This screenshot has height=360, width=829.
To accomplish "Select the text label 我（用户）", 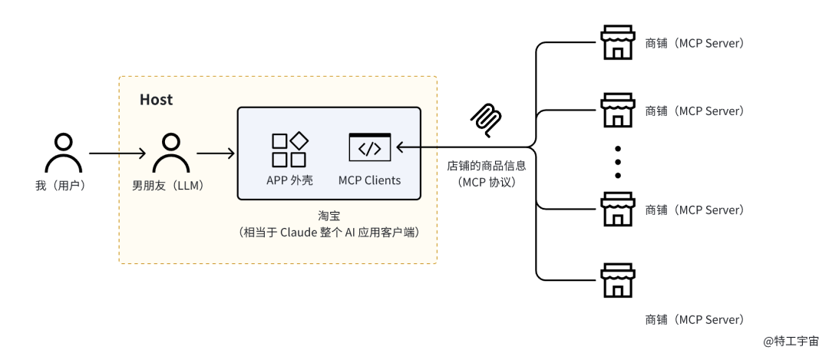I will click(x=64, y=186).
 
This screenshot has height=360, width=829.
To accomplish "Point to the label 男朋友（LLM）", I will click(x=170, y=186).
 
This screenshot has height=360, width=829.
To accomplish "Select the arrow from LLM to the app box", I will click(x=216, y=154).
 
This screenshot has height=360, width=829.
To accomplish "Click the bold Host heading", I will click(x=156, y=100).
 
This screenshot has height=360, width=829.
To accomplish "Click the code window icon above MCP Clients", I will click(x=369, y=147).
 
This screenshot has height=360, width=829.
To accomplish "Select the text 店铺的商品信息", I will click(x=487, y=166).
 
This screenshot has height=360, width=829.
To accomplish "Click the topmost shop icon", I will click(x=617, y=45).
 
